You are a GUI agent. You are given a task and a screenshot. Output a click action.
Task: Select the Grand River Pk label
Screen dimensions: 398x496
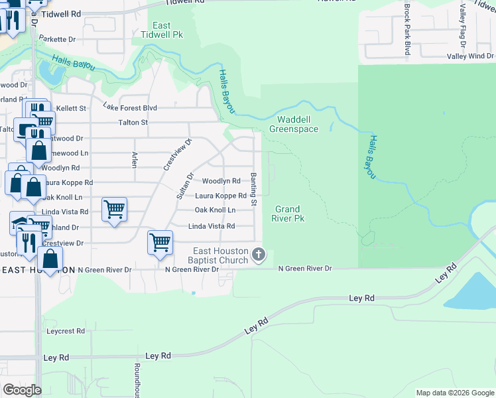289,213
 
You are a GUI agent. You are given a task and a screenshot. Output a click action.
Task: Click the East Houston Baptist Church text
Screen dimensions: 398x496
221,255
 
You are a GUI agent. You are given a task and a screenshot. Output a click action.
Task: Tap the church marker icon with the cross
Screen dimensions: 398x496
259,255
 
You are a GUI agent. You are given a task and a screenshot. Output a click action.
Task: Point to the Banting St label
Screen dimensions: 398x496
253,185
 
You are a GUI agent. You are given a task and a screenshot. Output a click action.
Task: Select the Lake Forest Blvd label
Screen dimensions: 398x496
129,107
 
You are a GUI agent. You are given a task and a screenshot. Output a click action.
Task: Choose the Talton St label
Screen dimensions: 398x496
133,122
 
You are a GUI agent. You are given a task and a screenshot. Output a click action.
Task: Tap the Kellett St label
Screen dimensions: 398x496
73,107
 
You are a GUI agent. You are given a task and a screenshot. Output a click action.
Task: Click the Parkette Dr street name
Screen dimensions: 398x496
57,39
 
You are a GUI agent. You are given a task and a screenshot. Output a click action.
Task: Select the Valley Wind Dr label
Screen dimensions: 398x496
470,56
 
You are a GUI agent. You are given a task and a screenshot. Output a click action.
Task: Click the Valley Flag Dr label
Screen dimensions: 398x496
463,26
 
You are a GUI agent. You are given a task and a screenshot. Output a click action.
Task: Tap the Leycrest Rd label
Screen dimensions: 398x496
66,330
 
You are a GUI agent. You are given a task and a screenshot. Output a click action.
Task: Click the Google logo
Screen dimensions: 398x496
22,390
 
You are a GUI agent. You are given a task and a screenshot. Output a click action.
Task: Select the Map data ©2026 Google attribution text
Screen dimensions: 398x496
454,393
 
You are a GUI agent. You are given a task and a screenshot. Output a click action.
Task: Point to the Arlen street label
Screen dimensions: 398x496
135,159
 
